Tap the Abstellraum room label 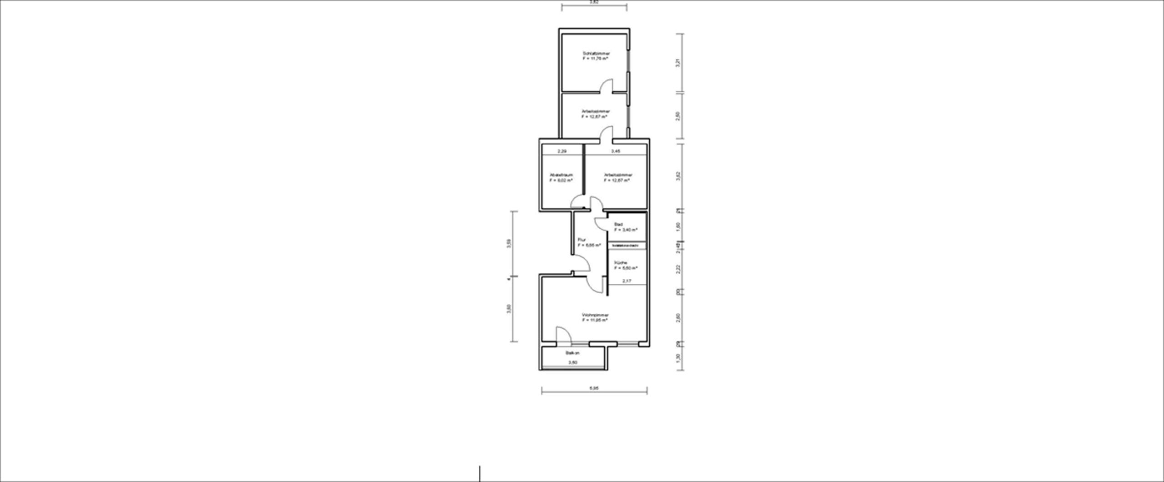tap(561, 175)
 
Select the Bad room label tap(618, 225)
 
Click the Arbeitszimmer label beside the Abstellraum tap(618, 175)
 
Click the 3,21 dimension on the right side tap(678, 64)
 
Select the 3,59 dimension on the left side tap(509, 243)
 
